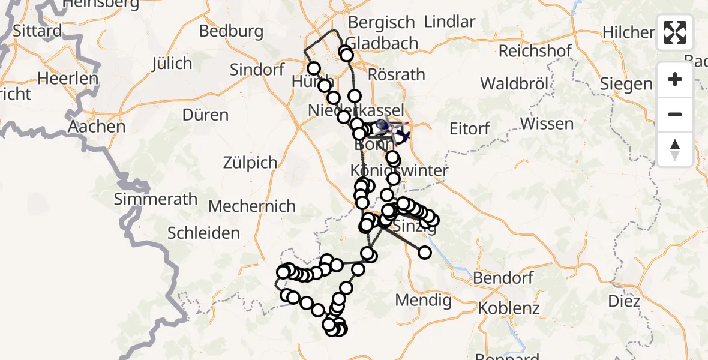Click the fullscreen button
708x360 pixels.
[675, 32]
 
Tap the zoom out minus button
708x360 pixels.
[675, 114]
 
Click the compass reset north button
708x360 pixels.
[675, 149]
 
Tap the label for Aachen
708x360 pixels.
[97, 127]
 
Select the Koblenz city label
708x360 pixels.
[509, 308]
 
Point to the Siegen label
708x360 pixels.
[626, 84]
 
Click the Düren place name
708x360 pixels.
[206, 115]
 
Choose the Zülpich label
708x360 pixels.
[250, 162]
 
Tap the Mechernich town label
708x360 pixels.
[252, 206]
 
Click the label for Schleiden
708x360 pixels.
[204, 233]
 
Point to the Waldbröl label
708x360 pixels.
[515, 83]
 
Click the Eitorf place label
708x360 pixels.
[470, 128]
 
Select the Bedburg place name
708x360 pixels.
[232, 31]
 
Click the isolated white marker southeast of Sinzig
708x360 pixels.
[425, 252]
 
